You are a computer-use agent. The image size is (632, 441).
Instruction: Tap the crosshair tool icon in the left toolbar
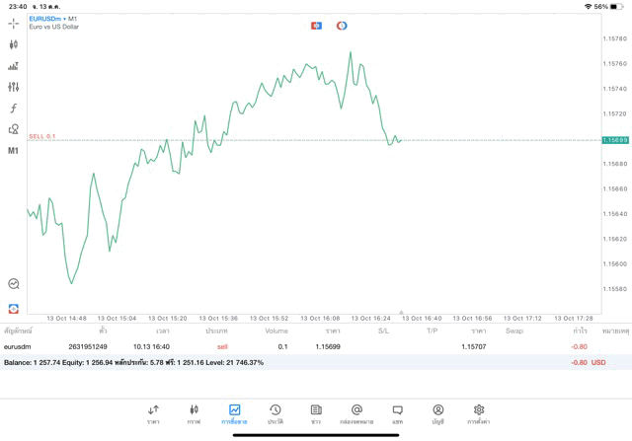click(x=14, y=23)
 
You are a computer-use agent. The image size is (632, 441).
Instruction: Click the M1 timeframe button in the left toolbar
click(x=14, y=151)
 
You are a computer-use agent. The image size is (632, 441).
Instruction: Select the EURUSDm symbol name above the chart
click(x=46, y=18)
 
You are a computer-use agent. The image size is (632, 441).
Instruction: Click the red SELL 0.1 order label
click(x=42, y=136)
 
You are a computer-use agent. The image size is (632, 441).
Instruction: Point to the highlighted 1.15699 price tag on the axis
click(x=615, y=140)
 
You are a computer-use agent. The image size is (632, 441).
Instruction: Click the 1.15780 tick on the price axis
click(x=614, y=38)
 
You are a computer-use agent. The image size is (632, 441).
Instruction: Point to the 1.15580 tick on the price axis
click(x=614, y=289)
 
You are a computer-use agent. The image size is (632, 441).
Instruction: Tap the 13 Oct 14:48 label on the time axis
click(x=66, y=319)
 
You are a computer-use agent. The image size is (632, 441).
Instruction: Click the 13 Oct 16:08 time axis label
click(x=319, y=319)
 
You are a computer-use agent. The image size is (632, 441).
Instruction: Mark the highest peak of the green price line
click(x=350, y=52)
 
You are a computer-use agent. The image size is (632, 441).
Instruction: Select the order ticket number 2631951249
click(x=88, y=346)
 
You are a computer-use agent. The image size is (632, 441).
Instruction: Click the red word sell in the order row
click(x=222, y=346)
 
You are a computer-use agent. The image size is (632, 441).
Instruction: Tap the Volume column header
click(x=276, y=331)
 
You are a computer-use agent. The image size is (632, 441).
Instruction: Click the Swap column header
click(x=514, y=331)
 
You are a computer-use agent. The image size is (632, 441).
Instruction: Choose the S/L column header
click(x=383, y=331)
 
